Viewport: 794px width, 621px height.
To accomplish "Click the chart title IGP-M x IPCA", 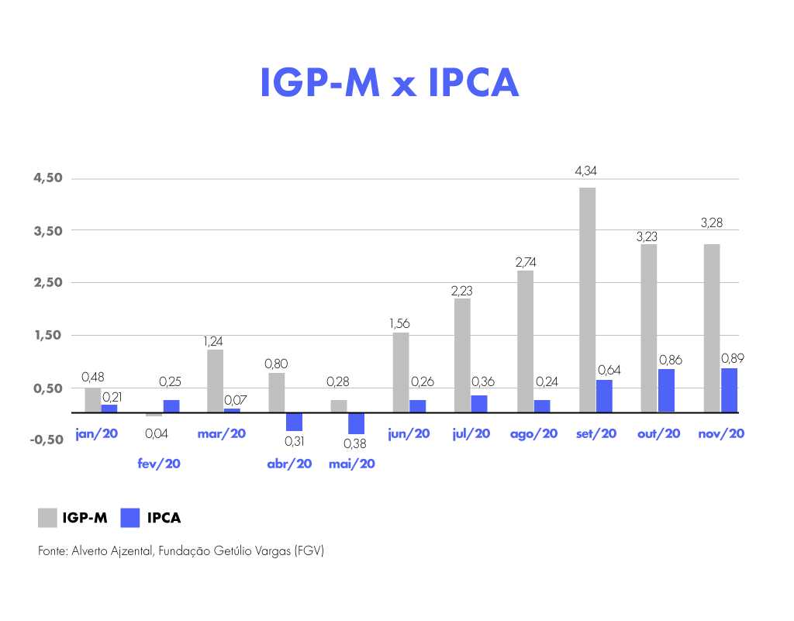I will coord(389,82).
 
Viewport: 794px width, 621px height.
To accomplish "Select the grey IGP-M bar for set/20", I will coord(587,299).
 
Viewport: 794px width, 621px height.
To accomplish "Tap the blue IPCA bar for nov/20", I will coord(729,390).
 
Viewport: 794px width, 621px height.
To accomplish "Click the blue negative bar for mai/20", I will coord(356,423).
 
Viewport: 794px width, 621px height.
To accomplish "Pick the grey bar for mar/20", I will coord(216,381).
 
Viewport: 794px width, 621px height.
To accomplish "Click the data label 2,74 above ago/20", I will coord(525,262).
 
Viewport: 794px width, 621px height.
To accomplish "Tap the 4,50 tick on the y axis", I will coord(47,178).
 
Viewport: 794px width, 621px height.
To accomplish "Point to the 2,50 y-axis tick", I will coord(47,282).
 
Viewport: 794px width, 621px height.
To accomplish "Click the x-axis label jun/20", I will coord(409,433).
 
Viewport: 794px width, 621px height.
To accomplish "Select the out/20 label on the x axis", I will coord(658,433).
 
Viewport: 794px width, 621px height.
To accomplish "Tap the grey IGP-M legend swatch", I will coord(47,518).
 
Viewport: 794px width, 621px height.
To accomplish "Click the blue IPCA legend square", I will coord(130,518).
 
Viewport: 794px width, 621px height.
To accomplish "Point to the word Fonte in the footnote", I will coord(52,551).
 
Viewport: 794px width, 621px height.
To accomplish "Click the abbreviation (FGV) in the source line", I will coord(309,551).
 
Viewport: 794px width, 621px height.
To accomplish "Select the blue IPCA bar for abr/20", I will coord(294,421).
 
